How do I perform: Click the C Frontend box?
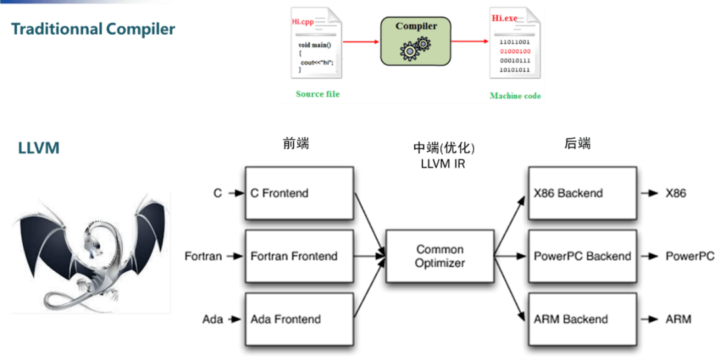pos(299,193)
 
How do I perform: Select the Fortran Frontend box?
pos(299,256)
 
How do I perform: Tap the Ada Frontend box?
pos(299,319)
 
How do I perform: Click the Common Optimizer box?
pos(440,256)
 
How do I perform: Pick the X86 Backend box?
pos(582,193)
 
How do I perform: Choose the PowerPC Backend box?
pos(582,256)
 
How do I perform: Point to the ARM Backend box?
pos(582,319)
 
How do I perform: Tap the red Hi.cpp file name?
pos(303,21)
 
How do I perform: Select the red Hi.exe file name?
pos(504,19)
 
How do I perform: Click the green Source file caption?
pos(318,94)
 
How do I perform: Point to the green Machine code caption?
pos(515,96)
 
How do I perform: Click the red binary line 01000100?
pos(515,51)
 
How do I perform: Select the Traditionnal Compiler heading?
pos(93,29)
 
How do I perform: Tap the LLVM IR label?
pos(443,163)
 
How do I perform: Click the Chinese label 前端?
pos(296,144)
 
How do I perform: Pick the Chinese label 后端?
pos(577,144)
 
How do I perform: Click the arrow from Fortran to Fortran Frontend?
pos(235,256)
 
